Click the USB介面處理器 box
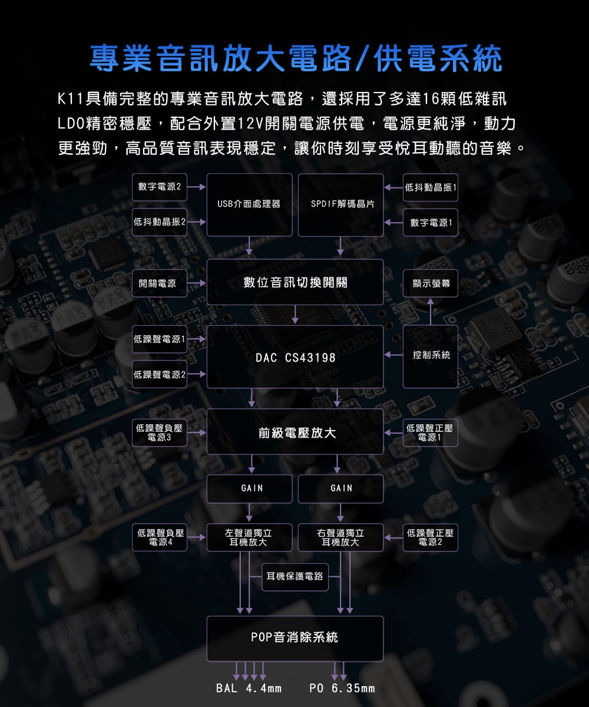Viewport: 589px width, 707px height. point(249,204)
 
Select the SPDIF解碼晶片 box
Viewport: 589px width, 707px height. point(340,204)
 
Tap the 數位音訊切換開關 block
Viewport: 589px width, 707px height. point(295,282)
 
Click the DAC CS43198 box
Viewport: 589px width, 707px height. point(295,357)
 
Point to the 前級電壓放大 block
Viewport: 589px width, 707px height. point(295,433)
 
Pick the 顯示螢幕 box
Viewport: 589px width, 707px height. point(431,283)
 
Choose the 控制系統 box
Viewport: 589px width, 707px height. point(431,356)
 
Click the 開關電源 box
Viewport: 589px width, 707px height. point(159,283)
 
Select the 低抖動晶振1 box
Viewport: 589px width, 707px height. point(431,187)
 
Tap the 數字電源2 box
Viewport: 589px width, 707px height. point(159,187)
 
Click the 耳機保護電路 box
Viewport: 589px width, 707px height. point(295,576)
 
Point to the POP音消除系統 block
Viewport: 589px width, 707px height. point(295,638)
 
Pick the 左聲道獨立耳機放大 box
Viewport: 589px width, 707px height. point(249,537)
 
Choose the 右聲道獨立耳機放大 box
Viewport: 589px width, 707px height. point(340,537)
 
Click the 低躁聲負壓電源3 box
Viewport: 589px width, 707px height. point(159,433)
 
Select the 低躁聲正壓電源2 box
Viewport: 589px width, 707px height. point(431,537)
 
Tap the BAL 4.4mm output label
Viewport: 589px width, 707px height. point(249,689)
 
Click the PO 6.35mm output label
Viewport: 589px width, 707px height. point(342,689)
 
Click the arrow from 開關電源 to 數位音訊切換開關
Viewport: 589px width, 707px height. point(197,283)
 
